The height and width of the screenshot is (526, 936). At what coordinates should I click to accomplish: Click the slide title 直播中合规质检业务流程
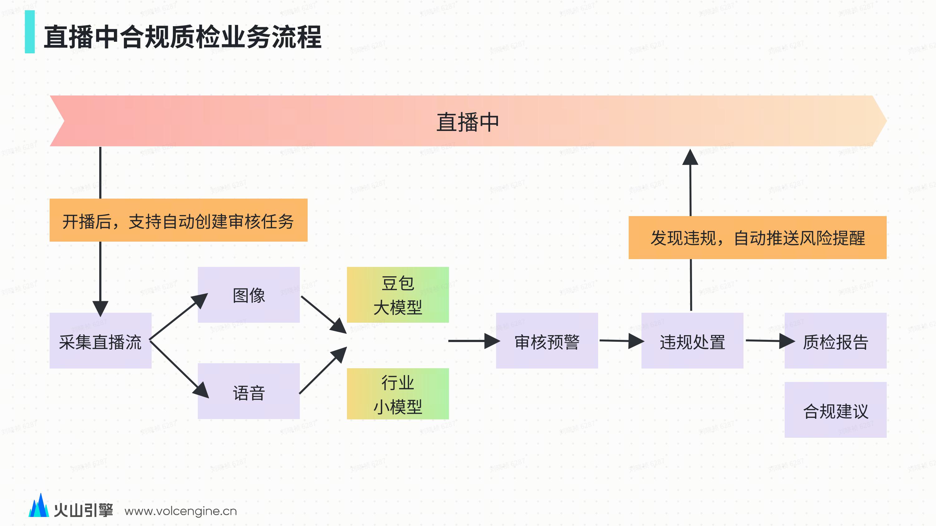(x=183, y=37)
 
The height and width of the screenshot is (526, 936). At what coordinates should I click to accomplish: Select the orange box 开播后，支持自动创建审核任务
(x=178, y=220)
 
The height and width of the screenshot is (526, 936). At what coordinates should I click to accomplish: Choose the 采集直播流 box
(x=100, y=341)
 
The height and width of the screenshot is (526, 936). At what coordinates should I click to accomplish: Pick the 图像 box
(x=249, y=295)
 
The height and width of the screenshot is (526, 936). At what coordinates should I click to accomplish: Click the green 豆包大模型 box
(x=397, y=295)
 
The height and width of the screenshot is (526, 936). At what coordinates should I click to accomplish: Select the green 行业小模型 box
(x=397, y=394)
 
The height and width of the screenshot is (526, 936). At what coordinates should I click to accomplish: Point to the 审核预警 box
(x=547, y=341)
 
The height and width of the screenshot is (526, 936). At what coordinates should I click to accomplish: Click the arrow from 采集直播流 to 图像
(x=178, y=316)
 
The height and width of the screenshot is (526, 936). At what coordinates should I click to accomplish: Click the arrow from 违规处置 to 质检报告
(x=769, y=341)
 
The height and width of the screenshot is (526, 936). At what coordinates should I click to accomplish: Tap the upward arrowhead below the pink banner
(x=690, y=157)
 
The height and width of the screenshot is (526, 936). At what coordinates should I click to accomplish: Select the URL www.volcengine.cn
(x=181, y=511)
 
